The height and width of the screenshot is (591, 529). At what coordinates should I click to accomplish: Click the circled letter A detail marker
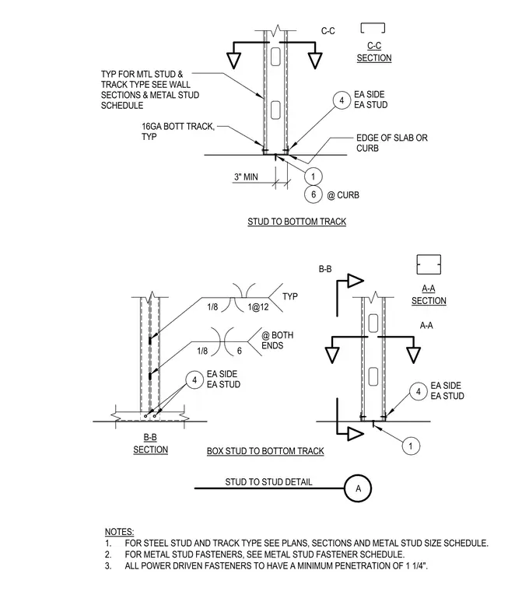(358, 488)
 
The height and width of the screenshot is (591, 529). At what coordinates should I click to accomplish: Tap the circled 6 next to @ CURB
(313, 194)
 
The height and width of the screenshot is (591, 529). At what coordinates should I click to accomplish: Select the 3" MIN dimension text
(246, 177)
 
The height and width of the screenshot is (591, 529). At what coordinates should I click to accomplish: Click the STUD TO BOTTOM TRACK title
(296, 222)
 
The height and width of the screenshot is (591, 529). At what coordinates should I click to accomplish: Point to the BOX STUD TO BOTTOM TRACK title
(265, 451)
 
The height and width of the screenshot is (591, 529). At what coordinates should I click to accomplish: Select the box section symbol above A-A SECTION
(429, 264)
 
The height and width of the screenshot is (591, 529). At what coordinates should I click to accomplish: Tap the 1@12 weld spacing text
(258, 307)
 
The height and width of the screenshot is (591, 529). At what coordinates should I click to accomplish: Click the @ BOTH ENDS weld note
(277, 341)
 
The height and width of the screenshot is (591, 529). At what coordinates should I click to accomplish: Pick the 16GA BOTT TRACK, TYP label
(178, 131)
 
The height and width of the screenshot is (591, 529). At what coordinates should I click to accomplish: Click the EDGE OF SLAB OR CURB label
(392, 143)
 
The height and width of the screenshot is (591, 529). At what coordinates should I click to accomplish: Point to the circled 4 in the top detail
(342, 100)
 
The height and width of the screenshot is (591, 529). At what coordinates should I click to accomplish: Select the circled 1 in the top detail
(313, 176)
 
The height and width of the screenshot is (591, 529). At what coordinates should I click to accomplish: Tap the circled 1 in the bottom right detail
(411, 446)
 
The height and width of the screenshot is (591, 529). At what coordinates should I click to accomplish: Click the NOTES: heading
(119, 532)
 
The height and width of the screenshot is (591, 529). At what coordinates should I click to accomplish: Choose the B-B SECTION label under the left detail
(150, 443)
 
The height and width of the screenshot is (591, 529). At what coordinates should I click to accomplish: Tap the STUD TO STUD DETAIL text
(268, 482)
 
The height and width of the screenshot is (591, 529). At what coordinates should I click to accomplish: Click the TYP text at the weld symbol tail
(290, 296)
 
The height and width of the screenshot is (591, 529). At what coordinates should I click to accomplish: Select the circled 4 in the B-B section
(194, 380)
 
